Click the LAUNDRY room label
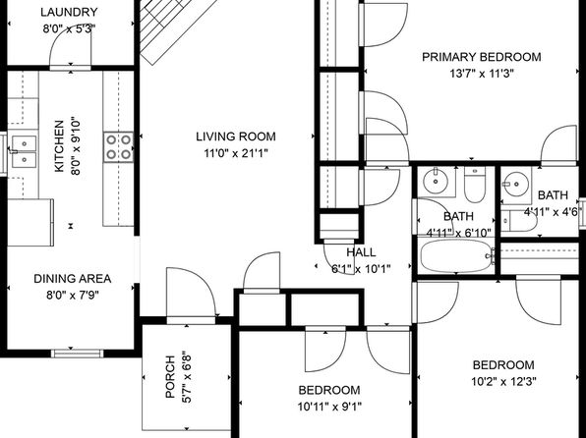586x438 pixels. (x=69, y=13)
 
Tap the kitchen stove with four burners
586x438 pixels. (x=118, y=146)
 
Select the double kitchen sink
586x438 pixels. (x=24, y=151)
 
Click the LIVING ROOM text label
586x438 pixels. (x=236, y=137)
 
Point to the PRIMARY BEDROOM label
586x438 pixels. (x=482, y=57)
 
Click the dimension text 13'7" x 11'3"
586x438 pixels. (x=482, y=74)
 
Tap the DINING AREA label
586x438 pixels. (x=72, y=279)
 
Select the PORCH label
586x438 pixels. (x=170, y=376)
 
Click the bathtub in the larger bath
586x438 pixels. (x=456, y=256)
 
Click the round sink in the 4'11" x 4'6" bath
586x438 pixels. (x=516, y=184)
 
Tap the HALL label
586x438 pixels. (x=362, y=252)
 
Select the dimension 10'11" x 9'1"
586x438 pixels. (x=329, y=407)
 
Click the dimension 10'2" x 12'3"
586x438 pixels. (x=503, y=381)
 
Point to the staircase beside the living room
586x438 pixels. (x=178, y=28)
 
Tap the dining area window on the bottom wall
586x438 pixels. (x=77, y=354)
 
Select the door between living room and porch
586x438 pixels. (x=191, y=295)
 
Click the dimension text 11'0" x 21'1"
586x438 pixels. (x=236, y=153)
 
